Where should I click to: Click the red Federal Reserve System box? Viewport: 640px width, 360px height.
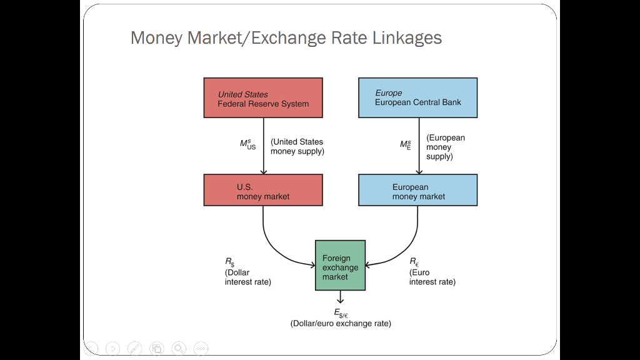(263, 98)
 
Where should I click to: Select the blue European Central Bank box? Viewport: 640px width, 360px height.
(418, 98)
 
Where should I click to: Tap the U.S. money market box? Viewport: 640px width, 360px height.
(263, 190)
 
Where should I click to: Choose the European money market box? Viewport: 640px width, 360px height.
(418, 190)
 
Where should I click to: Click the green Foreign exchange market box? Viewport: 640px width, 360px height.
(341, 265)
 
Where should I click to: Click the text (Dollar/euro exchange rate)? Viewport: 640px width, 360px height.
(341, 324)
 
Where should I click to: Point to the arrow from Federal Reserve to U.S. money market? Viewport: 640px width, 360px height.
(264, 146)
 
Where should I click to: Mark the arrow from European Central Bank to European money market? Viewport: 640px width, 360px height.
(419, 146)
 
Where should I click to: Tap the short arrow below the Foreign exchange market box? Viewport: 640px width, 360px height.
(341, 297)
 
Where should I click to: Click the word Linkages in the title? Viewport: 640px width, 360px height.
(407, 38)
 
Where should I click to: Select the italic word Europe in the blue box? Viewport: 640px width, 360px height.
(389, 93)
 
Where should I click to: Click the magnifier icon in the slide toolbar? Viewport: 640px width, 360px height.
(179, 349)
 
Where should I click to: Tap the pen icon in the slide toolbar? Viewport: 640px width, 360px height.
(135, 349)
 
